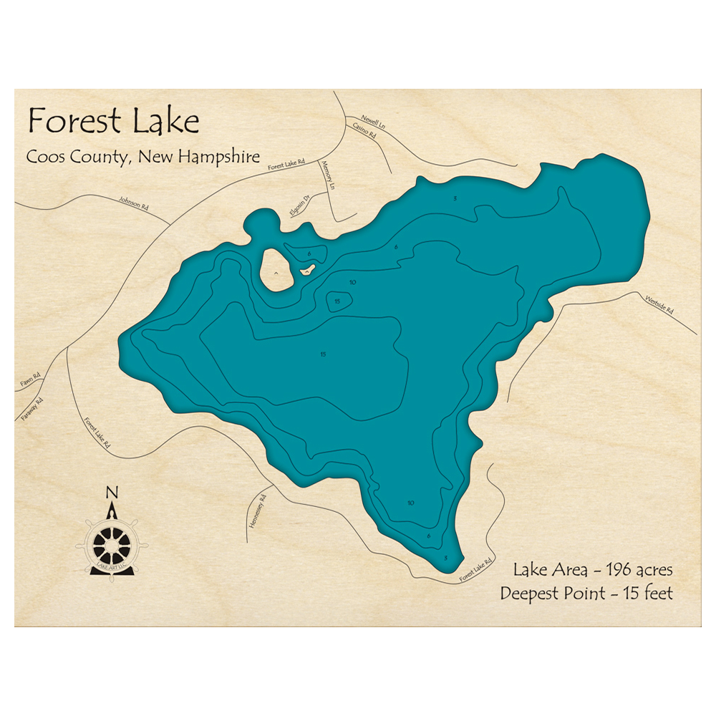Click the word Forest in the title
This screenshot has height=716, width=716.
[x=74, y=122]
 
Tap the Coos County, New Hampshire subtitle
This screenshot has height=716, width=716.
[x=143, y=158]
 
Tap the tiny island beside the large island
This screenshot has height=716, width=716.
[x=308, y=269]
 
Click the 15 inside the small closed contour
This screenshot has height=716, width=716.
[x=337, y=301]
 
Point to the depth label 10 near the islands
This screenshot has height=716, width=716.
[x=352, y=283]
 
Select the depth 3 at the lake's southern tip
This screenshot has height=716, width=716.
[x=445, y=558]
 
